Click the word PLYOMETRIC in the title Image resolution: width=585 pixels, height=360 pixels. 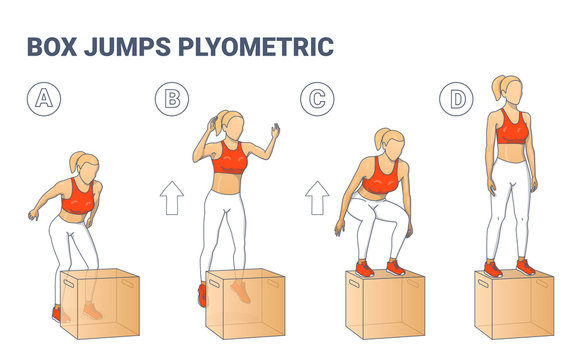click(x=263, y=47)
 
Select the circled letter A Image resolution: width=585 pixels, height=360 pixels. click(x=43, y=98)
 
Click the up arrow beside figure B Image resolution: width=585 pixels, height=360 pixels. click(x=171, y=199)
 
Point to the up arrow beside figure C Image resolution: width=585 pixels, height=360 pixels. click(x=318, y=199)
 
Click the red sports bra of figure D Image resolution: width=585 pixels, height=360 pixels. click(x=512, y=128)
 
